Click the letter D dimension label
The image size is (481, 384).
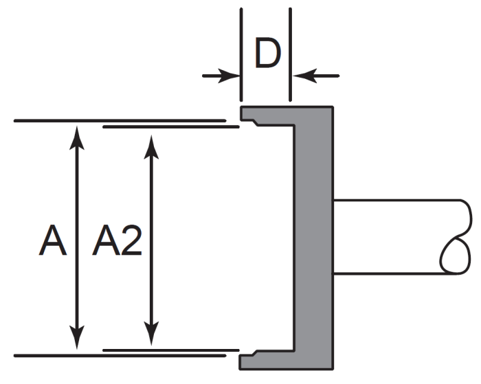tap(267, 54)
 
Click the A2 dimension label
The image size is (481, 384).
tap(118, 242)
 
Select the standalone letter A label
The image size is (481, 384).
tap(53, 242)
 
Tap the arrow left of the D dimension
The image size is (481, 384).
tap(222, 76)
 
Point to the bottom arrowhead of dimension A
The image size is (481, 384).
tap(78, 341)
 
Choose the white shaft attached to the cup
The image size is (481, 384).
tap(392, 237)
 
